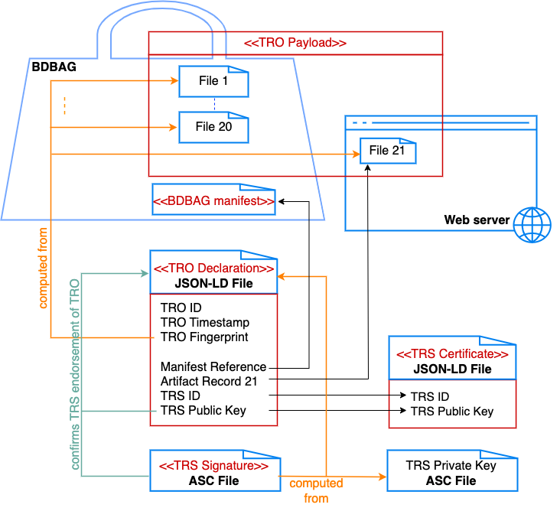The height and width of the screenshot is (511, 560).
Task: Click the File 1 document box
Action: click(x=213, y=81)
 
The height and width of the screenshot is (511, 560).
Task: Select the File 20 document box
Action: click(x=213, y=127)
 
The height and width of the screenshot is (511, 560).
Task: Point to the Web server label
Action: click(x=477, y=220)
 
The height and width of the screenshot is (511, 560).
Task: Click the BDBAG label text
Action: click(x=54, y=67)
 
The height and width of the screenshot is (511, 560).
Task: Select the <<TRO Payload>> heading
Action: click(x=295, y=43)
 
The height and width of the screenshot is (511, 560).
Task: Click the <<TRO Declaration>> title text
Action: click(x=213, y=269)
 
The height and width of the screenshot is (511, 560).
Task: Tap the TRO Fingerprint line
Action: click(x=204, y=337)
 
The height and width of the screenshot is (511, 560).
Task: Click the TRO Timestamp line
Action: click(x=205, y=323)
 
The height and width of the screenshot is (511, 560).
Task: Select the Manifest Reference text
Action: click(x=213, y=366)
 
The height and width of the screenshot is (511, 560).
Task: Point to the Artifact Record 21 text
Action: click(x=213, y=381)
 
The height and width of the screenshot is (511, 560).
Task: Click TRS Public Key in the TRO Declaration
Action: click(x=203, y=410)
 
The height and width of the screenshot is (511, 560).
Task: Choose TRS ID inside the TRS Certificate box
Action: click(x=430, y=396)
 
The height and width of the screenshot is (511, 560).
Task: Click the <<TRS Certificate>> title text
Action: click(x=451, y=355)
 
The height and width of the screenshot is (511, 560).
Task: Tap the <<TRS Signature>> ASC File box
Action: click(x=213, y=473)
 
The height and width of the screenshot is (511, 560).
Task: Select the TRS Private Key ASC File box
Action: click(x=451, y=473)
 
